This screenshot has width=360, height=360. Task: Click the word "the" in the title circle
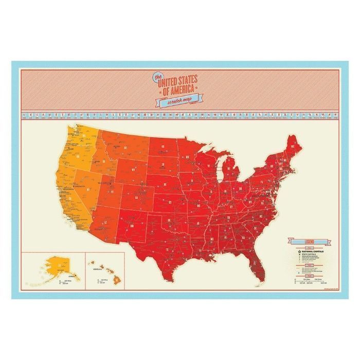tap(158, 77)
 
